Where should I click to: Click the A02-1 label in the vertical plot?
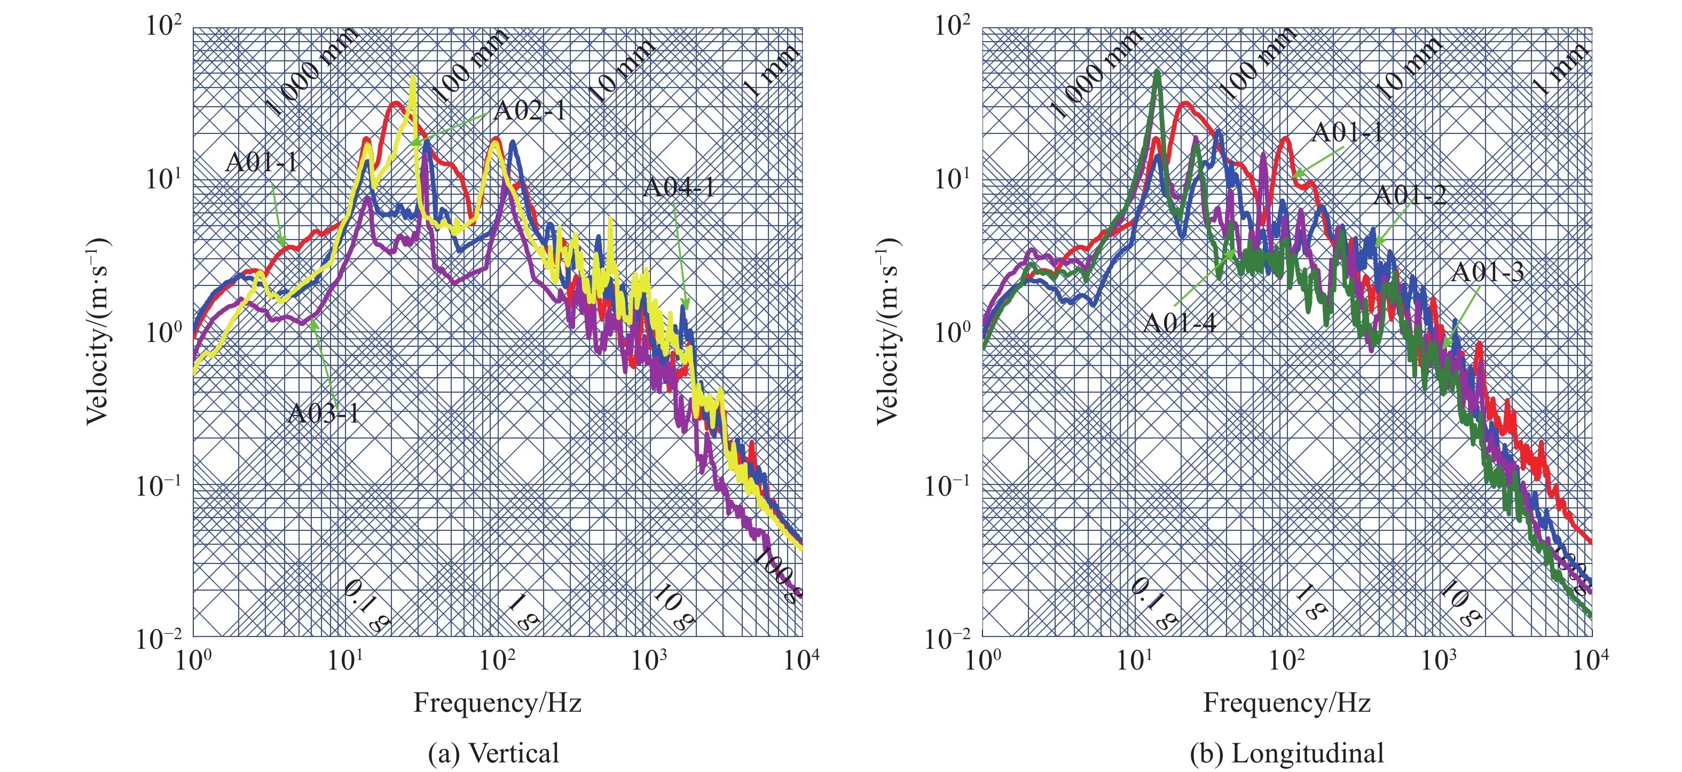530,111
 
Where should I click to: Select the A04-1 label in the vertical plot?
679,188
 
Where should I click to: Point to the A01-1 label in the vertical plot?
262,162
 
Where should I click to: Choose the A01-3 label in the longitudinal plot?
1487,272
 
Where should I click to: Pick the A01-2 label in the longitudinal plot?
1410,195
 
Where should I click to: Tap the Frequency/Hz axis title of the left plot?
498,703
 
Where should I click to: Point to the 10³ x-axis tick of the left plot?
649,660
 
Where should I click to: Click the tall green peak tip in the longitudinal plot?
1158,72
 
